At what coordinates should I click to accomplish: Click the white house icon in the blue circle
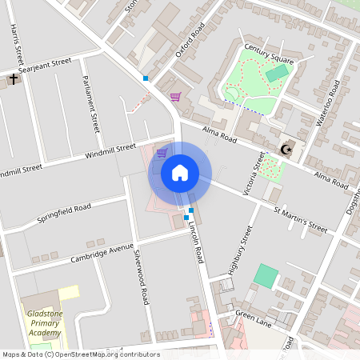(x=179, y=173)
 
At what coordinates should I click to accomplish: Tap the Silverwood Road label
(x=141, y=277)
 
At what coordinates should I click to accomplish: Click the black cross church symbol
(x=13, y=78)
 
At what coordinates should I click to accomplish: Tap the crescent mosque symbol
(x=286, y=150)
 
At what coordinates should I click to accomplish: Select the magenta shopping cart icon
(x=175, y=96)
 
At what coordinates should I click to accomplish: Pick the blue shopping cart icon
(x=162, y=153)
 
